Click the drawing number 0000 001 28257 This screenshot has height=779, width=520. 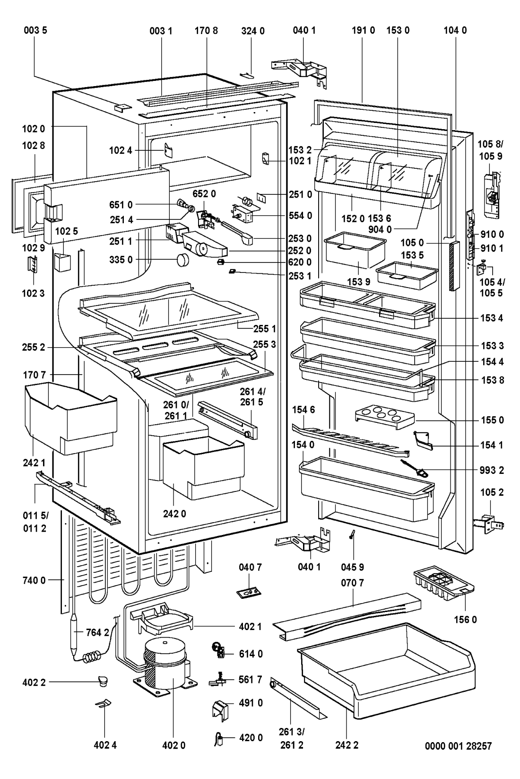click(458, 746)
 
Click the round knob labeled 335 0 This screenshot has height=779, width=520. click(183, 260)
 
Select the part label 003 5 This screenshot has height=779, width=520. click(35, 31)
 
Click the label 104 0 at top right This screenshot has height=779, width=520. click(455, 31)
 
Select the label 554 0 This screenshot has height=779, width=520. click(301, 216)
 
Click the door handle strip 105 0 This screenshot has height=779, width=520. click(454, 265)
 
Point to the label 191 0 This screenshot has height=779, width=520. click(364, 31)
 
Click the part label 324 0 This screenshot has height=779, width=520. click(253, 31)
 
